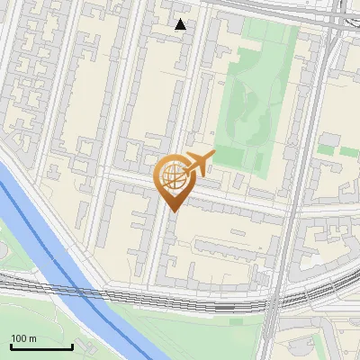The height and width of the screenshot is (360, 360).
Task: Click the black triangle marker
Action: (x=181, y=24)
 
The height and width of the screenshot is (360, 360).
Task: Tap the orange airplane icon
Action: (x=195, y=164)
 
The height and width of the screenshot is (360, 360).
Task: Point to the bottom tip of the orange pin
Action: (x=173, y=211)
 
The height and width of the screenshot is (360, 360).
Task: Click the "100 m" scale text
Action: (x=23, y=338)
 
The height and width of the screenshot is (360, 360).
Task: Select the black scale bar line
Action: (x=41, y=347)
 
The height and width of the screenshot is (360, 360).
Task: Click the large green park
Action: (x=261, y=99)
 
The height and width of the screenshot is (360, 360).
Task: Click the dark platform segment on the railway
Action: (x=225, y=307)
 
